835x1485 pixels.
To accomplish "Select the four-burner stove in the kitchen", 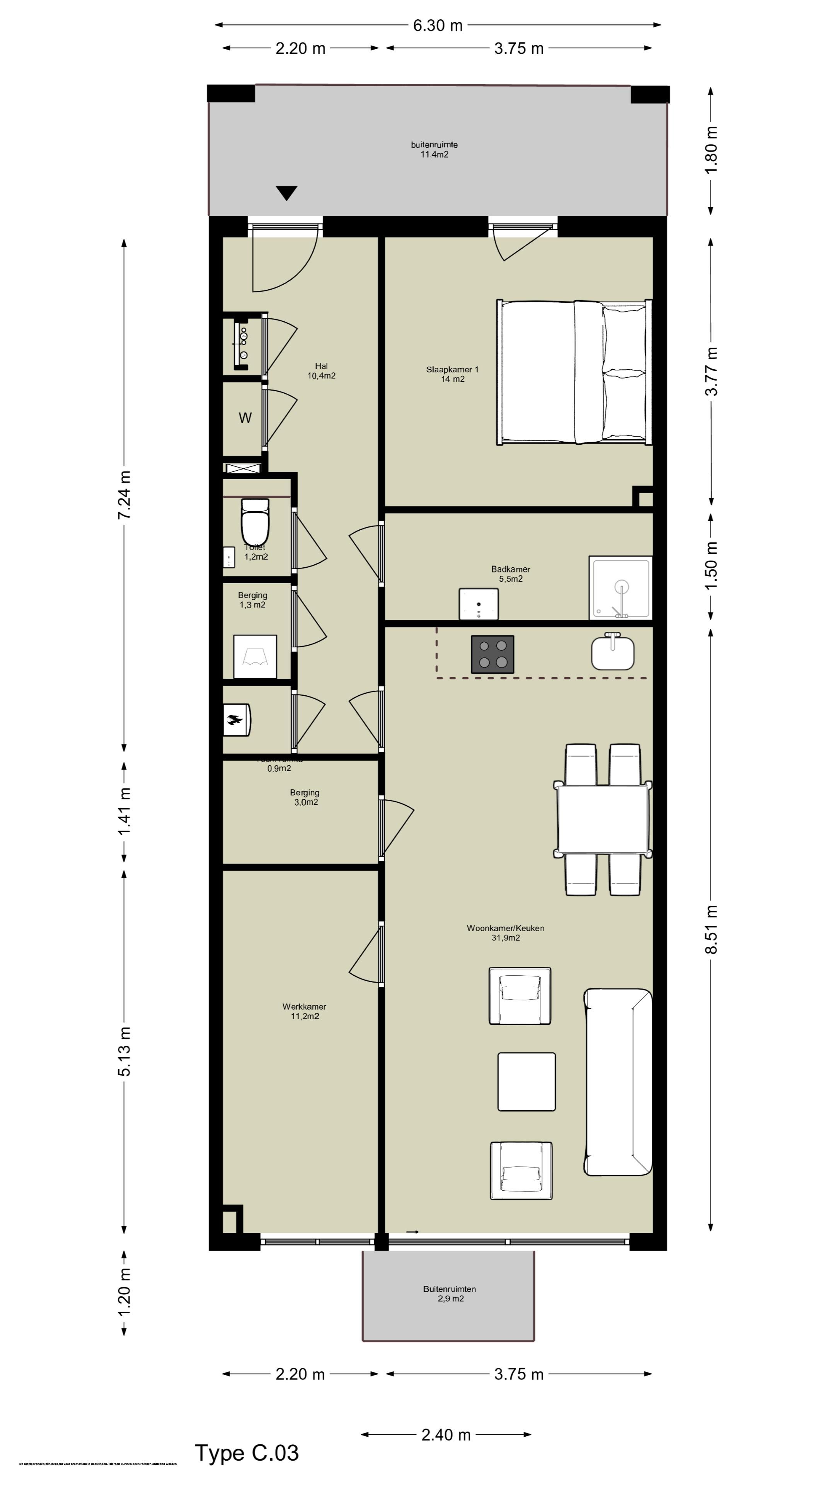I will click(493, 654).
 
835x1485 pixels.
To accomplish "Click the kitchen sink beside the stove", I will click(613, 652).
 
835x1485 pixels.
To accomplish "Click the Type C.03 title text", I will click(247, 1453).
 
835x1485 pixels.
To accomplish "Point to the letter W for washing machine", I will click(245, 418).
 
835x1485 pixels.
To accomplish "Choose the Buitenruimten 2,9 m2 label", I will click(450, 1294).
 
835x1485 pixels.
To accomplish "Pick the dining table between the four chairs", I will click(603, 819).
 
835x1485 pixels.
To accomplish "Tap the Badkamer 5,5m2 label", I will click(511, 574).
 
